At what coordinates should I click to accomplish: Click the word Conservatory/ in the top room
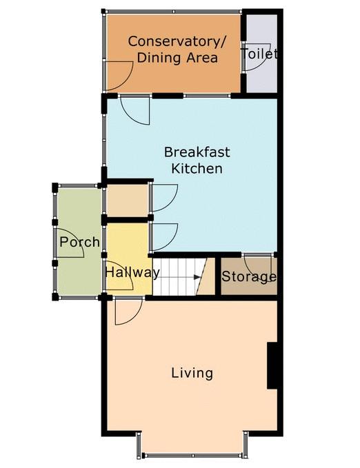point(177,41)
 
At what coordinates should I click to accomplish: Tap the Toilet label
point(259,54)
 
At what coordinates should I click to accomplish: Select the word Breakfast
point(197,152)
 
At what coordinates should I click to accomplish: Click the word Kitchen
point(197,168)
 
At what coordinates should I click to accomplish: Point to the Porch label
point(79,242)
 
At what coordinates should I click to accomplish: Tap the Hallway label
point(132,272)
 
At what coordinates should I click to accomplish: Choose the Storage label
point(249,276)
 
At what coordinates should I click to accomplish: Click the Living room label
point(192,374)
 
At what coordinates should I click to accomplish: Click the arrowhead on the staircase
point(197,277)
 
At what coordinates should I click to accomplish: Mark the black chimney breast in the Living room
point(272,365)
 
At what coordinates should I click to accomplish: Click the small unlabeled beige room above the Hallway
point(128,201)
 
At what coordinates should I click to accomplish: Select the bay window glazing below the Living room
point(192,455)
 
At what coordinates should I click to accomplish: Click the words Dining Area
point(177,58)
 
